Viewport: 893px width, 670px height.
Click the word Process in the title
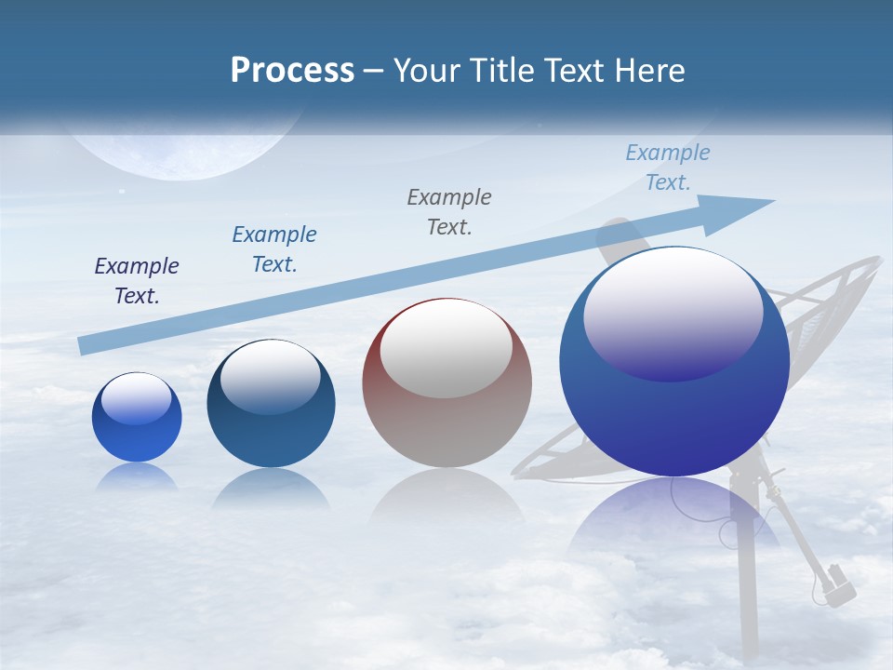coord(292,71)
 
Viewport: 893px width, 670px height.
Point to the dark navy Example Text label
coord(137,281)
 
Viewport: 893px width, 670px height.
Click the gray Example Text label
coord(449,211)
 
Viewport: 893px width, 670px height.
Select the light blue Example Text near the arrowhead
coord(667,167)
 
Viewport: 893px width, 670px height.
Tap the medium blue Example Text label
coord(274,249)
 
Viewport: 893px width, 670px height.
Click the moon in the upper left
coord(186,154)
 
